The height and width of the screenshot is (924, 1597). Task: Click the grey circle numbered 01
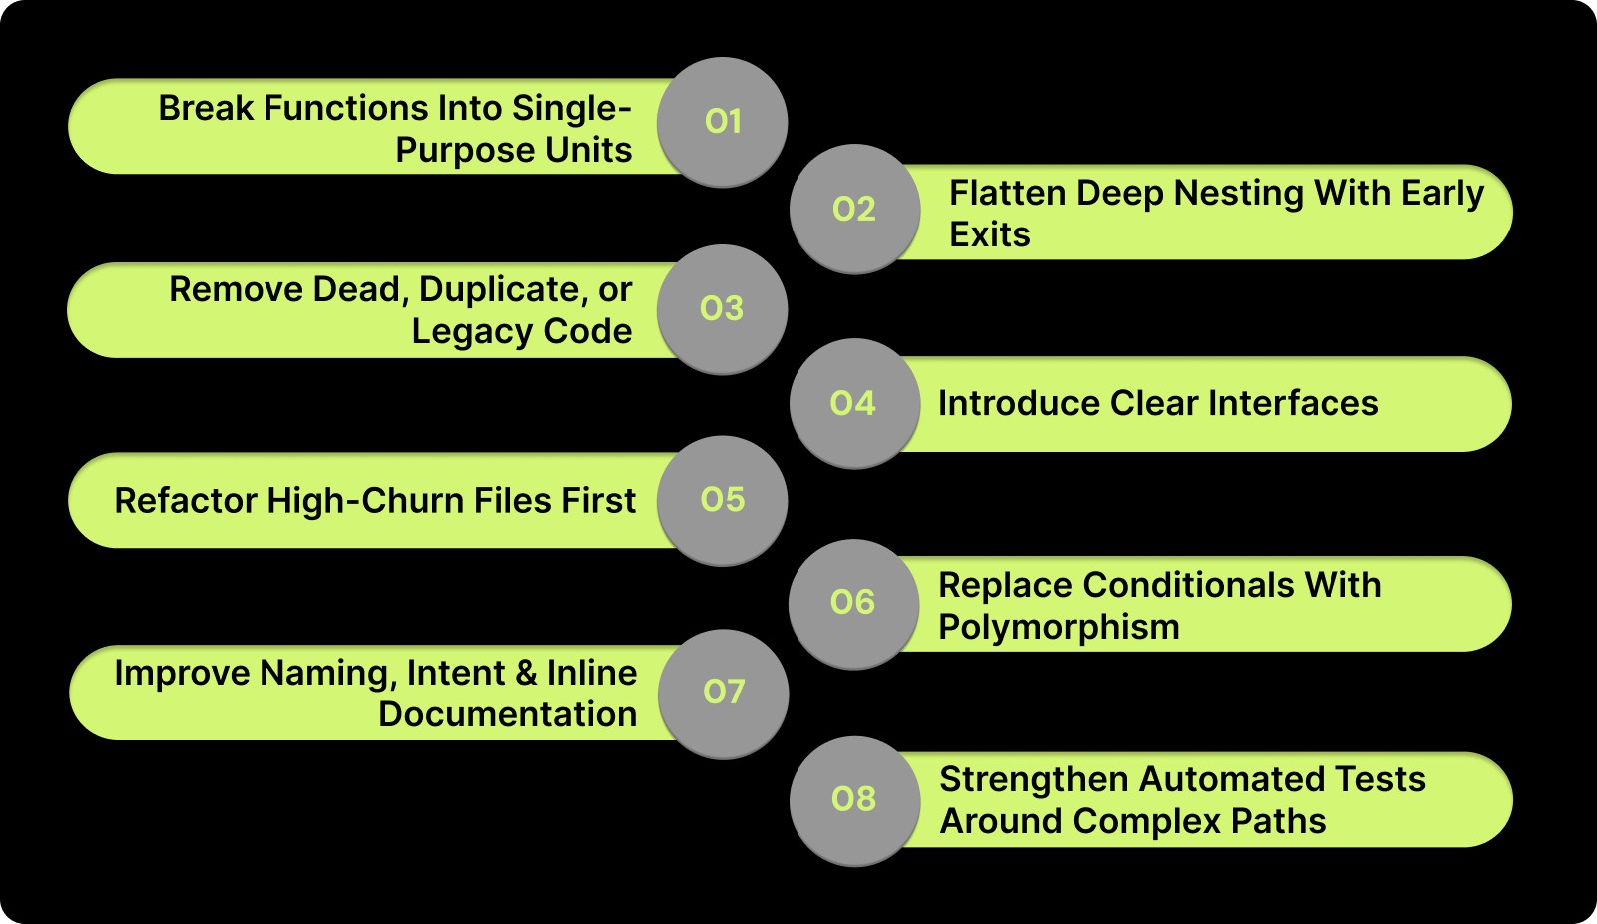point(722,122)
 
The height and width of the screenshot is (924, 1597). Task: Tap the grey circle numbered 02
point(854,209)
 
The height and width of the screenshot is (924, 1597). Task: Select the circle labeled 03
point(722,308)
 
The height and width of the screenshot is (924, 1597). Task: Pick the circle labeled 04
point(854,403)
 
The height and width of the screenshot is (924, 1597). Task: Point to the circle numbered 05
point(722,499)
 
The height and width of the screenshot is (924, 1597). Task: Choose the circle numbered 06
point(854,602)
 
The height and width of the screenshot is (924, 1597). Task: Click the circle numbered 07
point(724,692)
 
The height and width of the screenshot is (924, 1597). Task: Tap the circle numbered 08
point(854,799)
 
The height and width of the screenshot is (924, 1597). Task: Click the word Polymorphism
point(1058,628)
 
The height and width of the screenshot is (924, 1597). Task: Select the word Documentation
point(507,714)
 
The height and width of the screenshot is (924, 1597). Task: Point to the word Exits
point(989,234)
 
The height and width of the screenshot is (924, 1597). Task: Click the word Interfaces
point(1293,403)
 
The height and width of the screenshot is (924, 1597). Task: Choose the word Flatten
point(1006,193)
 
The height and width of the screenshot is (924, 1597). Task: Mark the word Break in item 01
point(206,108)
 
